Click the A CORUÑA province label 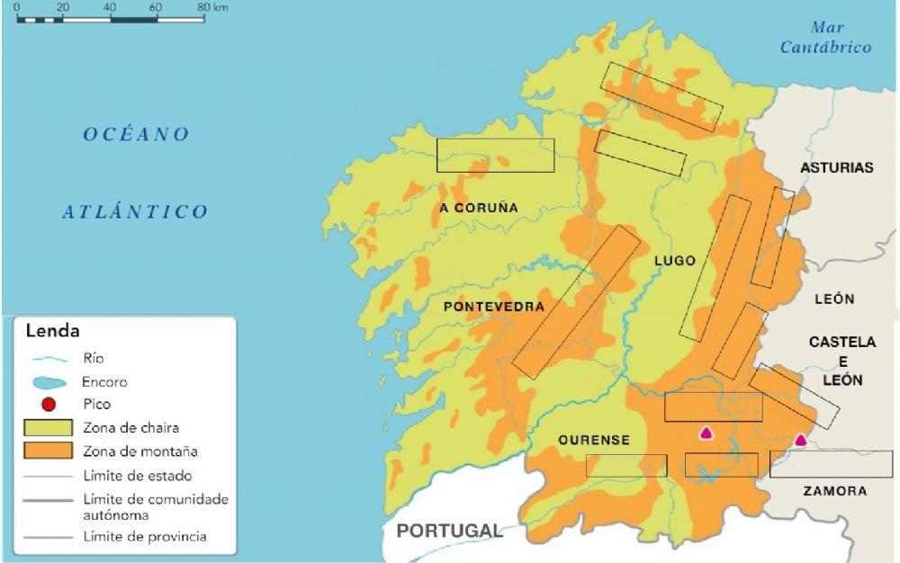point(479,208)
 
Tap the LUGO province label point(675,261)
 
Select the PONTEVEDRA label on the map point(494,307)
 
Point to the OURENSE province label point(594,440)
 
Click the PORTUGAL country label point(449,531)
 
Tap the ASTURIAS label point(836,168)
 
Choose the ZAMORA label point(836,491)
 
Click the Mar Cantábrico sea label point(826,38)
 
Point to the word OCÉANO point(137,135)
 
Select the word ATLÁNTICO point(135,212)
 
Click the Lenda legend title point(51,331)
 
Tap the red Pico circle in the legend point(49,405)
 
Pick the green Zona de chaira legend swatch point(49,428)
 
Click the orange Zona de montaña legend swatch point(49,451)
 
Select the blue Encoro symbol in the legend point(49,381)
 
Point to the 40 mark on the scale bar point(110,7)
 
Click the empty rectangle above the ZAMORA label point(831,464)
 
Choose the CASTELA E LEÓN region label point(841,361)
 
